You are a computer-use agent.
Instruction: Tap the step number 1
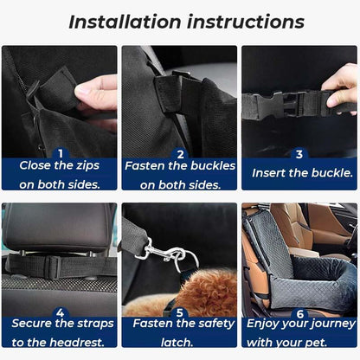coord(61,153)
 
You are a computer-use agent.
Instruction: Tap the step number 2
coord(180,153)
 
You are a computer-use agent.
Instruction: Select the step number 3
coord(299,154)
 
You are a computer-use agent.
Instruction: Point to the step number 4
coord(61,312)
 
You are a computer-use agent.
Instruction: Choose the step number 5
coord(180,312)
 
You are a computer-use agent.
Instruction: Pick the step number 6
coord(299,312)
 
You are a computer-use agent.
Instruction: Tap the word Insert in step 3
coord(271,172)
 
